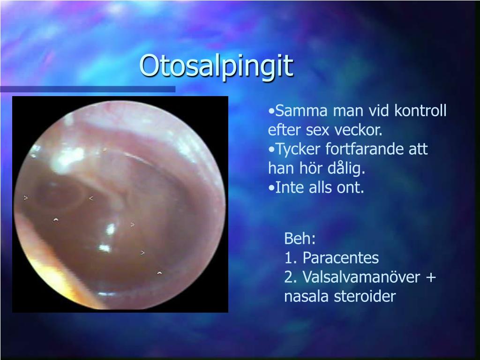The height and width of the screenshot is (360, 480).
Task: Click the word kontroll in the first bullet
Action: pyautogui.click(x=420, y=110)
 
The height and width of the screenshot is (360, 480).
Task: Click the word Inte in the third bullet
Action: pyautogui.click(x=290, y=187)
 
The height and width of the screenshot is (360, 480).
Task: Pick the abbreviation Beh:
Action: pyautogui.click(x=300, y=238)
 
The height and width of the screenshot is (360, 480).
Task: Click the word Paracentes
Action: pyautogui.click(x=341, y=258)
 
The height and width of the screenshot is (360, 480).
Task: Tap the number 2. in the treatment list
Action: pyautogui.click(x=291, y=277)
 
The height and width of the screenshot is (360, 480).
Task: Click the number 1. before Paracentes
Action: pyautogui.click(x=291, y=258)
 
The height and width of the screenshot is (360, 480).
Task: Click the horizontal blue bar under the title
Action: pyautogui.click(x=88, y=89)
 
